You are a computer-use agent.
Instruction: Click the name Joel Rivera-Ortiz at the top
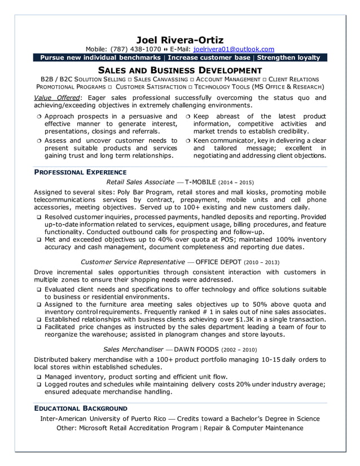tap(180, 39)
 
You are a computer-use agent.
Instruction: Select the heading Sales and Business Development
tap(180, 70)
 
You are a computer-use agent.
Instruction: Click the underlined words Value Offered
tap(58, 98)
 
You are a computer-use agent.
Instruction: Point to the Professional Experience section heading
tap(80, 172)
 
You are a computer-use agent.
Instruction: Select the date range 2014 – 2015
tap(237, 183)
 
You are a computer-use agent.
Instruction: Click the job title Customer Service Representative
tap(133, 262)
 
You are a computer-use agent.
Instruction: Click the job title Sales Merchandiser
tap(133, 349)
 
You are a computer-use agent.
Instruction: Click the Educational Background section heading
tap(81, 408)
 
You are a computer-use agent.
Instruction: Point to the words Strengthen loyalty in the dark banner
tap(288, 58)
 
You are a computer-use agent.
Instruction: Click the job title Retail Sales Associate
tap(140, 182)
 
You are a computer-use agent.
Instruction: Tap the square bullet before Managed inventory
tap(38, 377)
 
